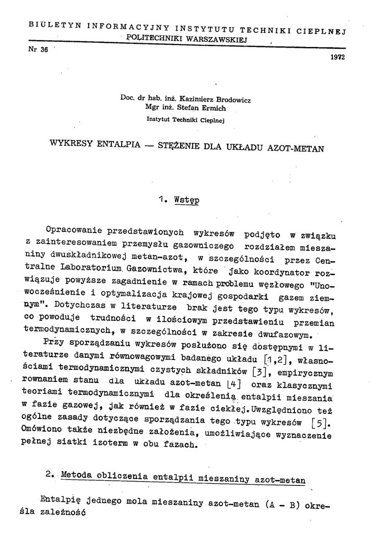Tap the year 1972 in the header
click(338, 57)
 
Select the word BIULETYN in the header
click(49, 24)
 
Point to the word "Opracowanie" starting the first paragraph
click(74, 229)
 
